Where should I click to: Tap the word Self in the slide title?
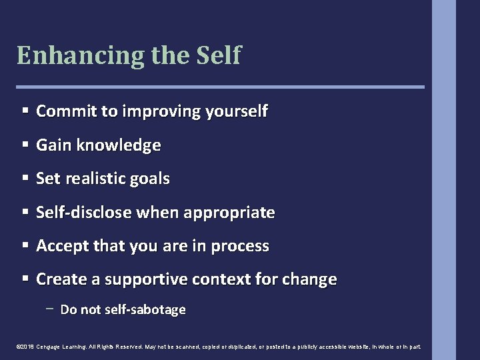click(x=218, y=54)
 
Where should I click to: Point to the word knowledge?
click(x=120, y=145)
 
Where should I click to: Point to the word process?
click(x=240, y=246)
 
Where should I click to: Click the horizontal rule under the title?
click(x=220, y=87)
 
